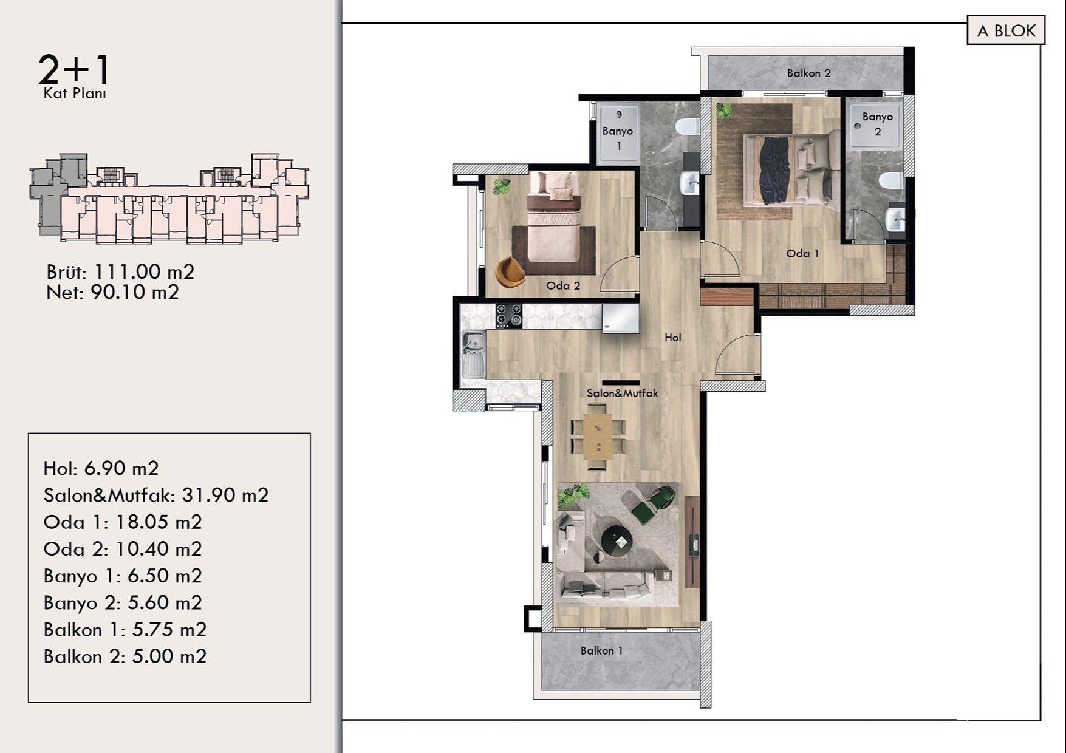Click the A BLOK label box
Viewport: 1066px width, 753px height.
1006,30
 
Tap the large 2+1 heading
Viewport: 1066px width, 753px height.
74,70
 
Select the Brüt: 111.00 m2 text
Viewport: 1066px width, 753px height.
120,271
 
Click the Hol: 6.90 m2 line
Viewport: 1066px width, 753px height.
101,468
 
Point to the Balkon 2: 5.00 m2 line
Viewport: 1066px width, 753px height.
125,656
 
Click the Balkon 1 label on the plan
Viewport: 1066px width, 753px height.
601,650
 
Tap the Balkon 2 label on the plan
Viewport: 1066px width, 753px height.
808,73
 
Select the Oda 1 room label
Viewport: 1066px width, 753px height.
802,253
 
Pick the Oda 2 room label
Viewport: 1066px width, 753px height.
563,285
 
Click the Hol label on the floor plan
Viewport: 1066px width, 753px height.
673,338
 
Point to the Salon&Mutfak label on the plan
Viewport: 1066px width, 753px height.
622,393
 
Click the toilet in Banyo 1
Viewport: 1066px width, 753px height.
688,127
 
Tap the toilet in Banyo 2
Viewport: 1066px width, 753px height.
892,180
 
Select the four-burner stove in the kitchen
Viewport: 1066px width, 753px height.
508,316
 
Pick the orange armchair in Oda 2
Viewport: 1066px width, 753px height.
510,271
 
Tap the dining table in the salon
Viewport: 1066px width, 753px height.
598,435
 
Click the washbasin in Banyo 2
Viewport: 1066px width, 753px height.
895,219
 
